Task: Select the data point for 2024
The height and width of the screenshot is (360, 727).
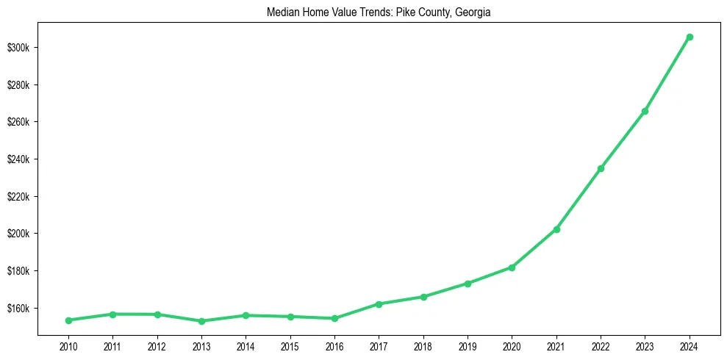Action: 690,37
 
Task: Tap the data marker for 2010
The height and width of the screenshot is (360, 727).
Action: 68,320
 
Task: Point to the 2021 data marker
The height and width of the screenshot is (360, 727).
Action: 556,229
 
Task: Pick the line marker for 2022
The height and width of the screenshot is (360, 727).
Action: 601,168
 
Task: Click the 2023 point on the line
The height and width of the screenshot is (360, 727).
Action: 645,111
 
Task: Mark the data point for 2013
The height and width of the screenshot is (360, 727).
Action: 201,321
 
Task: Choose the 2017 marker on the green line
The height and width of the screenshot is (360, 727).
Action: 379,303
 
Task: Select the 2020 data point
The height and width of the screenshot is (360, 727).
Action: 512,267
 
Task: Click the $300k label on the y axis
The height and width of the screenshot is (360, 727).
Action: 18,48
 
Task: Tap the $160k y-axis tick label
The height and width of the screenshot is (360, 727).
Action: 18,308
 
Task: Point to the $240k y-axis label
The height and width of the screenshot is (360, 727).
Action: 18,159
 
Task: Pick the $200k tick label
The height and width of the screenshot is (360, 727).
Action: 18,234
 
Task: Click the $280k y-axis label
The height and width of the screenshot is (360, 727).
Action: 18,85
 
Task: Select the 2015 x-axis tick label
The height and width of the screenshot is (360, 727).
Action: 290,346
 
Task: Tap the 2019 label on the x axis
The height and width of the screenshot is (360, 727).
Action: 468,346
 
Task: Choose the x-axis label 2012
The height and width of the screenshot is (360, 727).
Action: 157,346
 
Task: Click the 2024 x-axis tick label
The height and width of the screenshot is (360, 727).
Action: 690,346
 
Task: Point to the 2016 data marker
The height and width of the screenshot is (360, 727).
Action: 334,318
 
